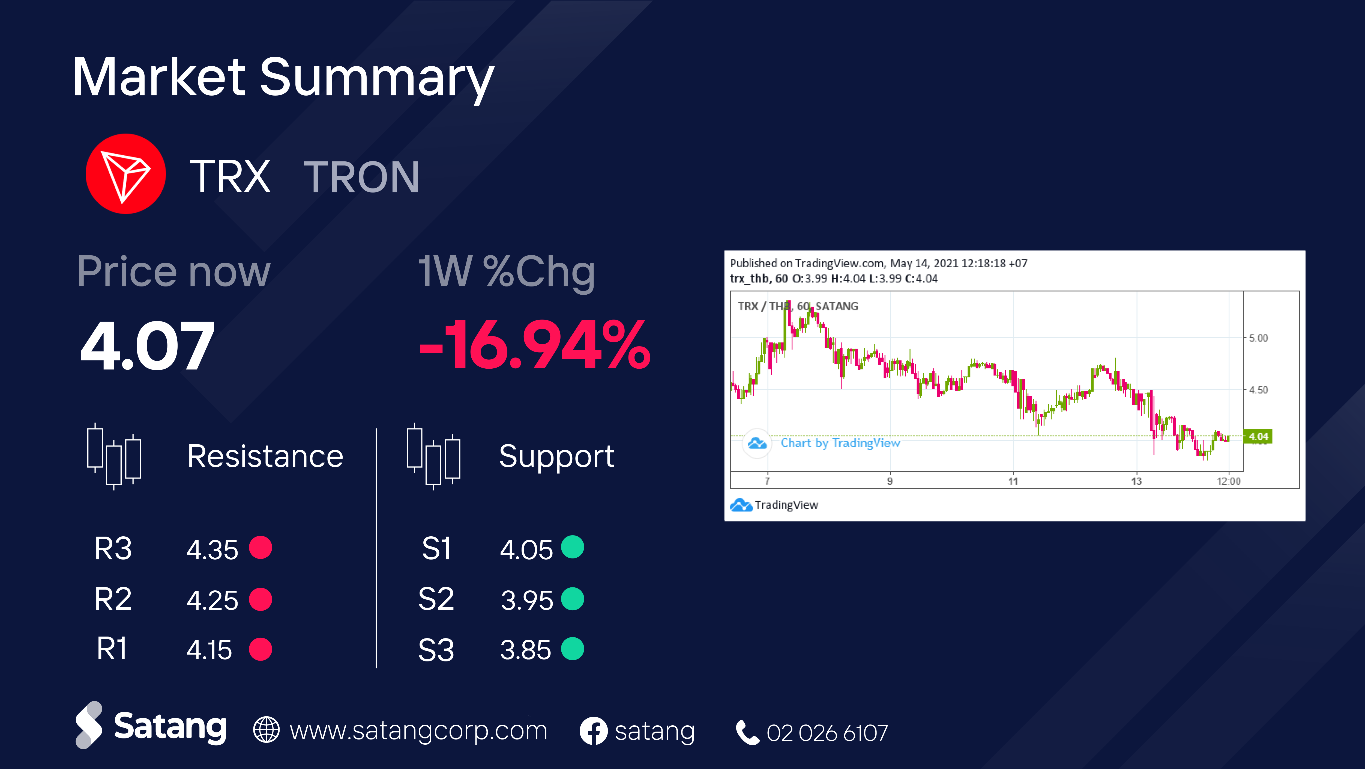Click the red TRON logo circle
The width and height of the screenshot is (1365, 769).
point(125,174)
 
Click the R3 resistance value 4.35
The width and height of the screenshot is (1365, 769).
point(212,549)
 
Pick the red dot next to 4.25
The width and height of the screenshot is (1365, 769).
point(261,599)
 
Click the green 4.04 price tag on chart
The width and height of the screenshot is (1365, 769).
point(1258,436)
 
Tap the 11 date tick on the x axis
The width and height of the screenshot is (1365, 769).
point(1013,481)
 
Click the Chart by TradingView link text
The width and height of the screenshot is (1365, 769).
point(840,443)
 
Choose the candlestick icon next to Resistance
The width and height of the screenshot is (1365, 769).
point(114,456)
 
